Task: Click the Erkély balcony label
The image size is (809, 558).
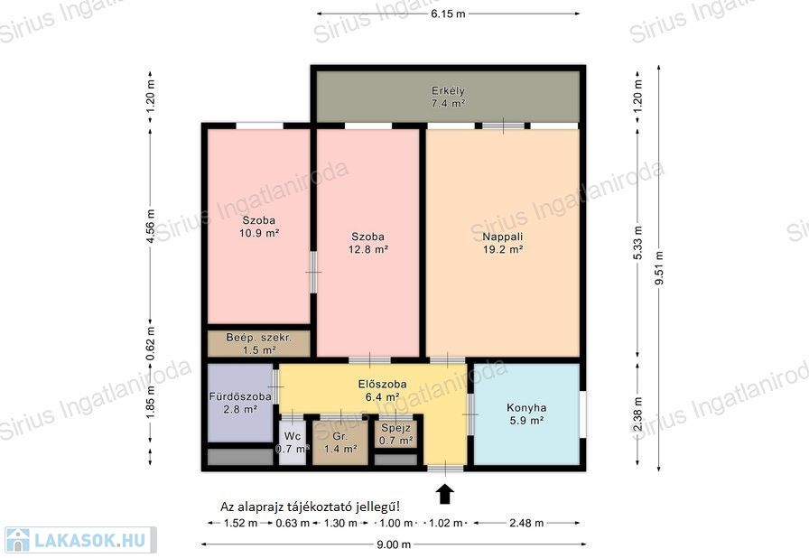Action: tap(448, 97)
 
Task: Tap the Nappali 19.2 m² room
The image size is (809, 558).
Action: tap(503, 242)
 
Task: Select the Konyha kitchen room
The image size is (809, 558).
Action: tap(526, 414)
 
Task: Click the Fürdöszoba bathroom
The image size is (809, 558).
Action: tap(240, 403)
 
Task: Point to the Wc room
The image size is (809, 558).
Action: tap(293, 442)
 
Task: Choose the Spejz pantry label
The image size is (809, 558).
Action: tap(395, 427)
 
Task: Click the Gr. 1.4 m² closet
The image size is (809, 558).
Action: tap(340, 442)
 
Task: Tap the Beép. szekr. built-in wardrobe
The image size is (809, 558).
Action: tap(259, 343)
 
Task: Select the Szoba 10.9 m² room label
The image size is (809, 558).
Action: tap(259, 227)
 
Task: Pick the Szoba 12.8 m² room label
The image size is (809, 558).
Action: tap(367, 243)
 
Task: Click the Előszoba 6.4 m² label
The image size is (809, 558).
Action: tap(382, 390)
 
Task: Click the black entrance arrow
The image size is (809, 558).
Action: tap(445, 494)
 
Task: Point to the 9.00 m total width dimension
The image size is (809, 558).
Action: tap(394, 544)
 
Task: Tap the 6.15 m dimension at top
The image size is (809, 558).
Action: tap(448, 14)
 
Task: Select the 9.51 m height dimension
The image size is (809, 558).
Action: tap(659, 267)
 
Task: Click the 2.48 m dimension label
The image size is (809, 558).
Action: tap(526, 523)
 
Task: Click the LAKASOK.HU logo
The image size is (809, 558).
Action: tap(80, 540)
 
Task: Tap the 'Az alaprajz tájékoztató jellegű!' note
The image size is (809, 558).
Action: tap(310, 507)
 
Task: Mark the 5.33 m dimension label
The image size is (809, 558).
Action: tap(638, 242)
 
